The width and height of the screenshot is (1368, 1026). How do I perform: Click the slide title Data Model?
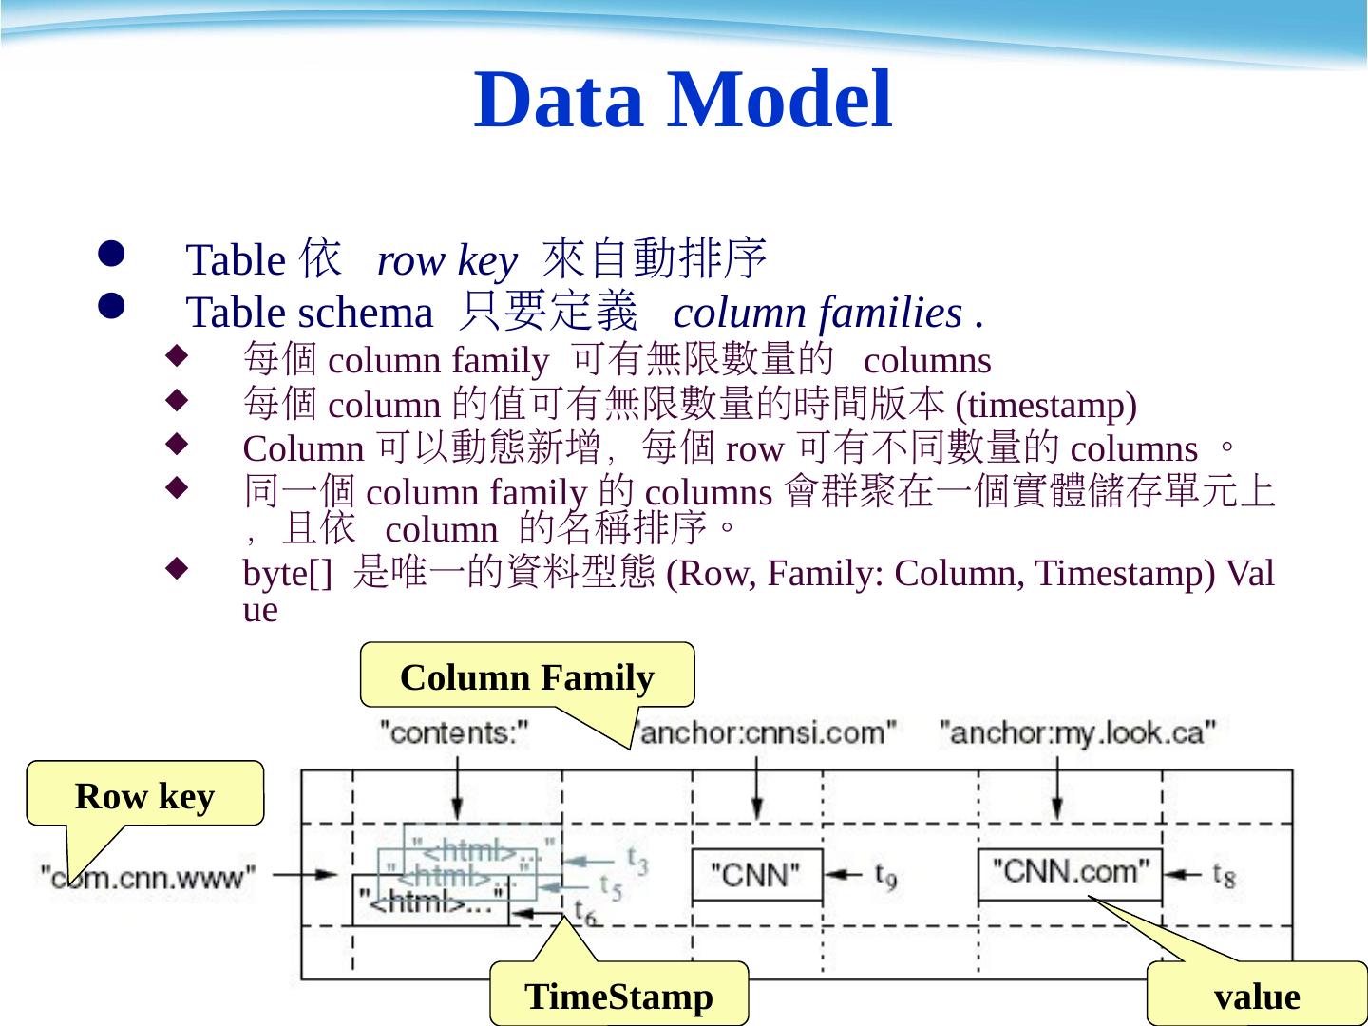[683, 100]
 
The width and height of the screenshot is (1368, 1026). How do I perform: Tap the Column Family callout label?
[527, 677]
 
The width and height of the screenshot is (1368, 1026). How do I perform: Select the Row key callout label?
[144, 796]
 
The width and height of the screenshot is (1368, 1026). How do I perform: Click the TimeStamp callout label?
[618, 997]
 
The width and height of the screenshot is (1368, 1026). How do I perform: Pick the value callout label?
[1257, 997]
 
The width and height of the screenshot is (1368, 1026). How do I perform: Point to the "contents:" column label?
[454, 732]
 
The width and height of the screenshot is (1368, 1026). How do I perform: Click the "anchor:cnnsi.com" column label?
[766, 732]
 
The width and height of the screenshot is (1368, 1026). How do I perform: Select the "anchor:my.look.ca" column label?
[1077, 732]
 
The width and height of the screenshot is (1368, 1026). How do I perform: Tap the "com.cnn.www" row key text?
[148, 876]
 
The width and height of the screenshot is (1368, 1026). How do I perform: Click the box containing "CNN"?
[756, 874]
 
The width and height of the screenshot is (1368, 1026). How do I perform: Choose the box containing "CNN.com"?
[1070, 873]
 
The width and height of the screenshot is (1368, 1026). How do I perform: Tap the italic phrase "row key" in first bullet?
[446, 259]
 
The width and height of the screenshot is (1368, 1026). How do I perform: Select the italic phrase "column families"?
[817, 313]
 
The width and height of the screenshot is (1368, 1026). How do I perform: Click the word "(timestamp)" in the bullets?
[1046, 406]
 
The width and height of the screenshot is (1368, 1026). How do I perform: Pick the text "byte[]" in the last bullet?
[288, 574]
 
